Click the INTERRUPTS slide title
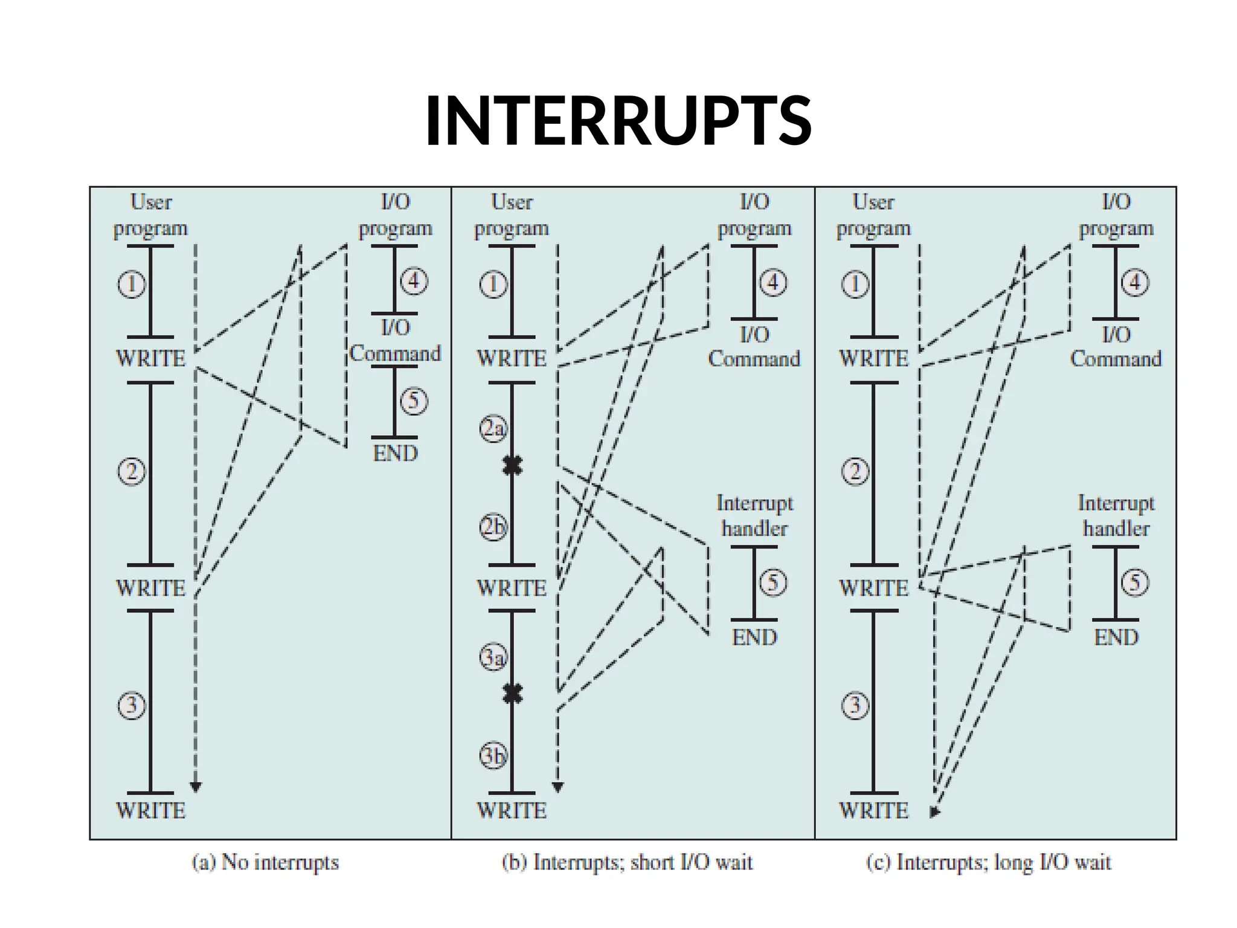[618, 121]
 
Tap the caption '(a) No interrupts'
[265, 862]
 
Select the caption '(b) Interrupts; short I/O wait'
[628, 862]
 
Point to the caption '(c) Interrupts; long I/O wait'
[989, 862]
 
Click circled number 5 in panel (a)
[414, 401]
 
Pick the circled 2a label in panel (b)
[493, 428]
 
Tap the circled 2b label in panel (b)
[493, 527]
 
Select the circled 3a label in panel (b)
[493, 657]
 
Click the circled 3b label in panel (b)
[493, 756]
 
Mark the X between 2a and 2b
[513, 466]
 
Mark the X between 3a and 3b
[513, 694]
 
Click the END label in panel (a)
[395, 453]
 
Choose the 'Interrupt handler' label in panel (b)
[754, 516]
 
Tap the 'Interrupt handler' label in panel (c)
[1116, 516]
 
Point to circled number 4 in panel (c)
[1135, 283]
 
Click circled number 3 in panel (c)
[855, 706]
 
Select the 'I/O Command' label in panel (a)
[395, 341]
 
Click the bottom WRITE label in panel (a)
[150, 811]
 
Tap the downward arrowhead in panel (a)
[196, 787]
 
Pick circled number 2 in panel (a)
[132, 471]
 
